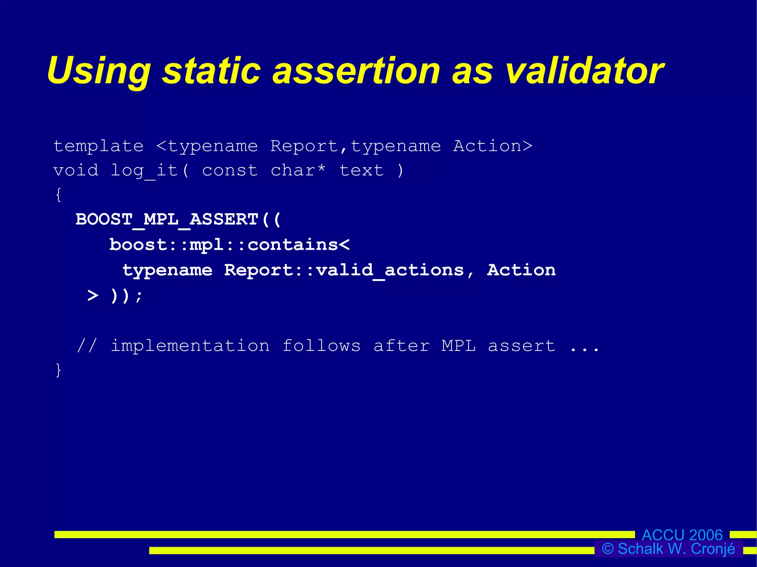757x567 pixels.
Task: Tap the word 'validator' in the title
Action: click(x=584, y=71)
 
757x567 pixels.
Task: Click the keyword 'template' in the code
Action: click(x=99, y=147)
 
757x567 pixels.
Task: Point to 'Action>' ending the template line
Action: click(x=493, y=146)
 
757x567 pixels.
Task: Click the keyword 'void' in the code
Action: click(x=76, y=171)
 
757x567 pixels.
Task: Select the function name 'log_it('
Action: click(x=150, y=171)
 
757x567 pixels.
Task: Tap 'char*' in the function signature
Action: click(x=298, y=171)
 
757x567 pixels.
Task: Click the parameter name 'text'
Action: click(x=361, y=171)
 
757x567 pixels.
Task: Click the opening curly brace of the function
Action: click(x=58, y=195)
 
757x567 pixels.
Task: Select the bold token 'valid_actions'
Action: click(x=390, y=270)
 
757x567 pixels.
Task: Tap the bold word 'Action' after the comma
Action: click(x=521, y=270)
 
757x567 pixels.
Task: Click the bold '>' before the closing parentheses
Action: click(x=93, y=296)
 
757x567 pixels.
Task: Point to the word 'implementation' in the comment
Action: click(x=190, y=346)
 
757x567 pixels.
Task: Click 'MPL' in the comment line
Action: click(x=458, y=346)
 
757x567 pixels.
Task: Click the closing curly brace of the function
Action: click(x=58, y=370)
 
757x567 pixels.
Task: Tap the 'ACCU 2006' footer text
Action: click(x=682, y=534)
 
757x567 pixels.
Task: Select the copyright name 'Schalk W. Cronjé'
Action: click(x=676, y=549)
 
